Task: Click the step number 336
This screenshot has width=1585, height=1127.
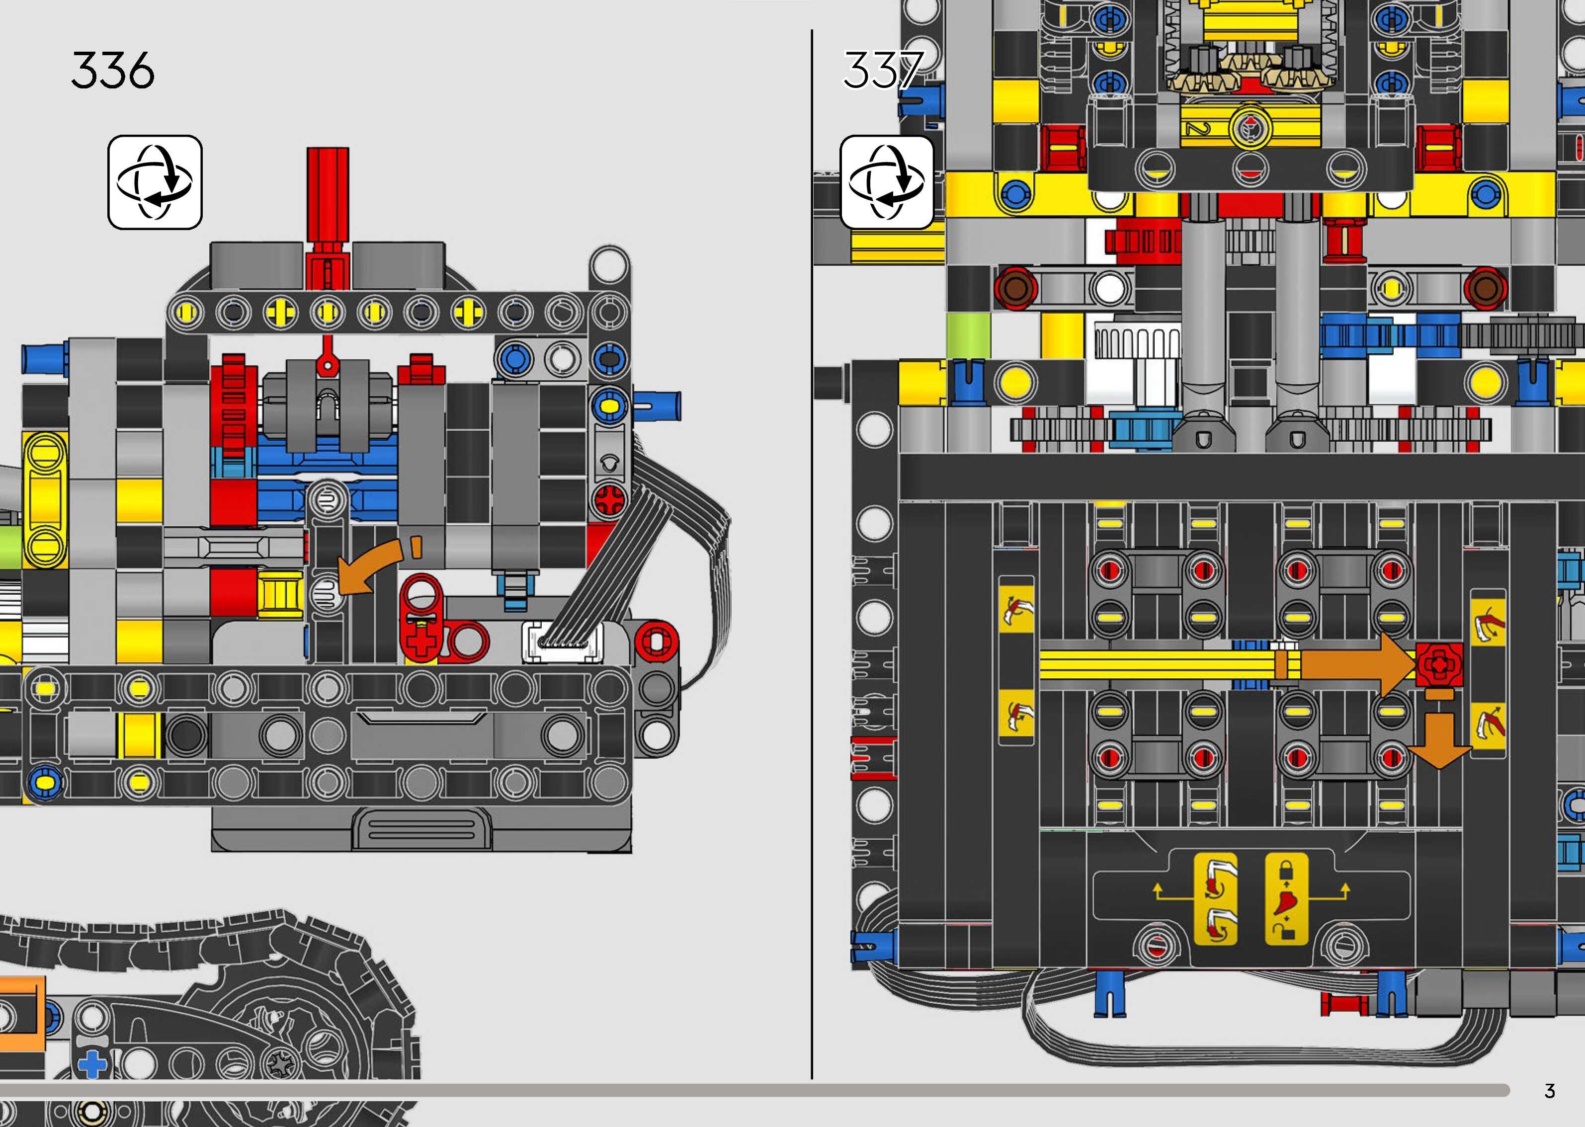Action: pyautogui.click(x=112, y=71)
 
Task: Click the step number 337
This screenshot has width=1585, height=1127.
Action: pyautogui.click(x=883, y=71)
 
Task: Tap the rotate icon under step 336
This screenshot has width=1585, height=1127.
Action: pyautogui.click(x=155, y=182)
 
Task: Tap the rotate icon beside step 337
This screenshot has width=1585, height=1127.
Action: pyautogui.click(x=886, y=182)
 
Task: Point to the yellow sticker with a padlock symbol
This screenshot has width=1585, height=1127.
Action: pyautogui.click(x=1286, y=899)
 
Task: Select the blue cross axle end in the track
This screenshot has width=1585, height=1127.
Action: pyautogui.click(x=93, y=1064)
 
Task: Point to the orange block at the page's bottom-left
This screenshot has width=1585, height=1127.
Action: pyautogui.click(x=21, y=1013)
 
